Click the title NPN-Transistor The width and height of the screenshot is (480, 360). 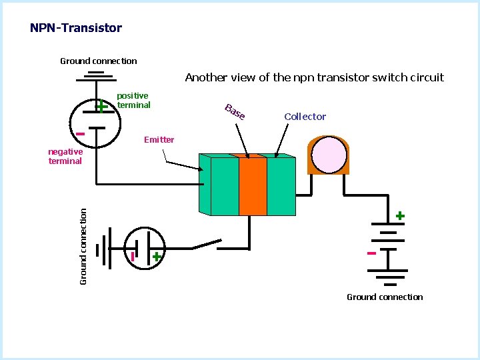tap(76, 28)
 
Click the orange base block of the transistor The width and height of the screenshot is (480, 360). tap(253, 186)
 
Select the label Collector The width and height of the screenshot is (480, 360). tap(305, 117)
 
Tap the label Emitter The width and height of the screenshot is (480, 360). tap(159, 140)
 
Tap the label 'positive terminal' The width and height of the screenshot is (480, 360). tap(133, 101)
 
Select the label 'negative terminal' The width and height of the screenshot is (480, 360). tap(65, 156)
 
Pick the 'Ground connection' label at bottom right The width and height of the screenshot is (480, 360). tap(385, 297)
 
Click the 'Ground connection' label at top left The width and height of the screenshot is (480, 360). tap(99, 61)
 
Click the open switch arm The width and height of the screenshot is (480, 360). tap(207, 244)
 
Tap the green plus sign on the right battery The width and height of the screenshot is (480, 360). tap(399, 216)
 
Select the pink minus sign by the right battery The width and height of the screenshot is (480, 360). tap(371, 253)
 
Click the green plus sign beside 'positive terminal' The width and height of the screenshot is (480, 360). tap(101, 107)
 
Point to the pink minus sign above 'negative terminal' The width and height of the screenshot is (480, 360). tap(80, 134)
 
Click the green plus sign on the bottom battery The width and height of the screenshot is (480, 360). tap(156, 257)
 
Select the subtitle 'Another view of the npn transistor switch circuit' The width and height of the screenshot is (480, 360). tap(314, 77)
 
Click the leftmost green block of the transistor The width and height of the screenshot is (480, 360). tap(224, 186)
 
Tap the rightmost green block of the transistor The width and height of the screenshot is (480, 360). tap(281, 186)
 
